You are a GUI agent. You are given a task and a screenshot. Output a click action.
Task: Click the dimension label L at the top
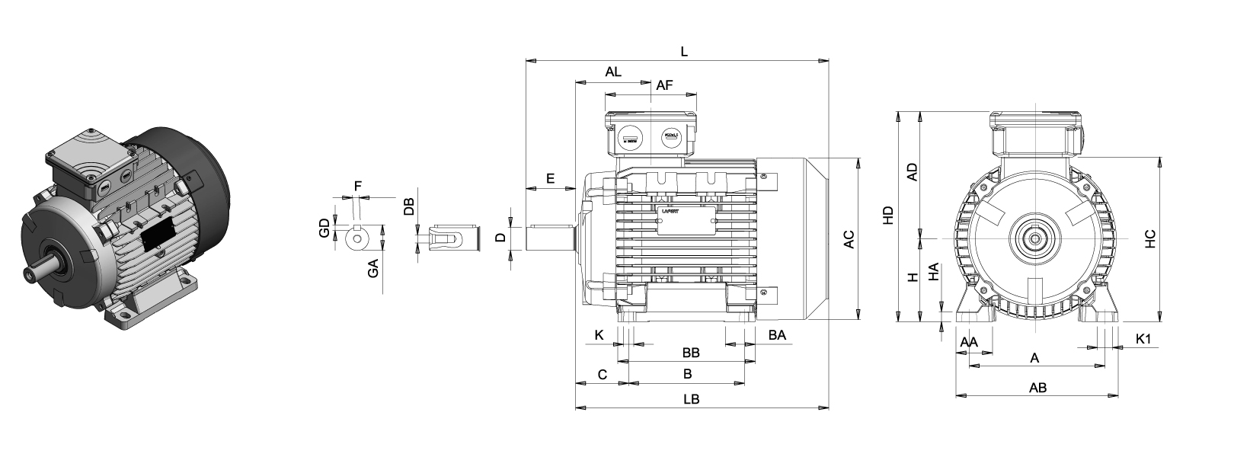click(684, 52)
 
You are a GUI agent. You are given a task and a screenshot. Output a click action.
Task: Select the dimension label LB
click(691, 399)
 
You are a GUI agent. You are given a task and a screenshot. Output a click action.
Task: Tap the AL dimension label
click(613, 72)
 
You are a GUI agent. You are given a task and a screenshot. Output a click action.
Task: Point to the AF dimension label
click(664, 86)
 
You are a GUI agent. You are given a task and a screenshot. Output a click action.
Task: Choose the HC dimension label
click(1150, 238)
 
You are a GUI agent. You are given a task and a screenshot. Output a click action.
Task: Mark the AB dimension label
click(1037, 388)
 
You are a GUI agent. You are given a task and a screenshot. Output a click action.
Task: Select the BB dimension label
click(691, 353)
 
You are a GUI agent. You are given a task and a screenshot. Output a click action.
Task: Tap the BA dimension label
click(777, 335)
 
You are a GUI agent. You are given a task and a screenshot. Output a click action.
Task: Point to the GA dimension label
click(373, 267)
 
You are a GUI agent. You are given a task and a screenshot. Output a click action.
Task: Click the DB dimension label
click(408, 206)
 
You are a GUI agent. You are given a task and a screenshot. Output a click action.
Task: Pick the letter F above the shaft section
click(358, 185)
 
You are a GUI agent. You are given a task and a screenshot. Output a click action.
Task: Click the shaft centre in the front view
click(1036, 238)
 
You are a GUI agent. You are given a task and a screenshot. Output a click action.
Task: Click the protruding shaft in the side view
click(551, 238)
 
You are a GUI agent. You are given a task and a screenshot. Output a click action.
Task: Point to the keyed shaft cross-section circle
click(356, 238)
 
